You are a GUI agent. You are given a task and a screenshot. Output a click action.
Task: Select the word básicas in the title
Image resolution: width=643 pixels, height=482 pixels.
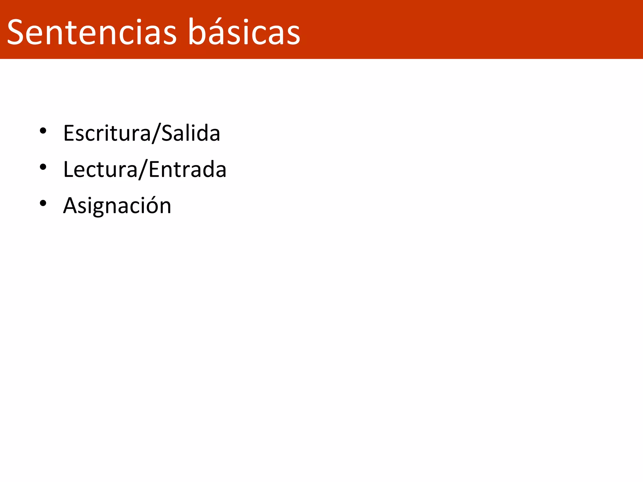[244, 32]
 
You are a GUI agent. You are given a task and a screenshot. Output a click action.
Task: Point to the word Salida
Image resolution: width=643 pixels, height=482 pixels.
[191, 133]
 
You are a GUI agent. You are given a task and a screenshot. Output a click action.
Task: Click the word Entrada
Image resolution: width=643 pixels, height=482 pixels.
[187, 169]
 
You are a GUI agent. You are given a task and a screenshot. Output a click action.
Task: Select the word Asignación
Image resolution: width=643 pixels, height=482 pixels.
[117, 206]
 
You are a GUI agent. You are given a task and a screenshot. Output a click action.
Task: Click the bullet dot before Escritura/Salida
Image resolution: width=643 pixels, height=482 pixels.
[43, 131]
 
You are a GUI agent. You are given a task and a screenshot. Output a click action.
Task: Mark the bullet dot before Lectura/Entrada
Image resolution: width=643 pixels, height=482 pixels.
[43, 167]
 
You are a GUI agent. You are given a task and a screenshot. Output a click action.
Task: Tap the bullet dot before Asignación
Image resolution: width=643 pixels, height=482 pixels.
[43, 203]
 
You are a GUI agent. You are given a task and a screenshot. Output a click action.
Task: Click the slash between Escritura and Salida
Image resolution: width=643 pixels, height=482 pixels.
[156, 133]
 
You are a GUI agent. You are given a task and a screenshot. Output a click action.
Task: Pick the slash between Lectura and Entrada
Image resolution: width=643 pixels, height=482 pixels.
[143, 170]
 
